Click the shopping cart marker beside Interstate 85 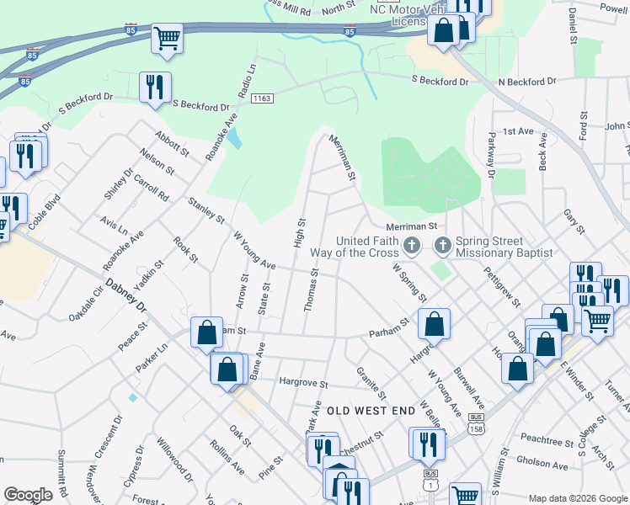click(x=167, y=38)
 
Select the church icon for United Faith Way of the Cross click(x=412, y=246)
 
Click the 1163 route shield click(x=262, y=98)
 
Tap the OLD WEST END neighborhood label click(x=371, y=411)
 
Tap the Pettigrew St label click(x=503, y=286)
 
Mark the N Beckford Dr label click(x=527, y=82)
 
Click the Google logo click(x=28, y=495)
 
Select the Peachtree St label click(x=547, y=439)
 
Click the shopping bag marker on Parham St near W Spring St click(x=434, y=323)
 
